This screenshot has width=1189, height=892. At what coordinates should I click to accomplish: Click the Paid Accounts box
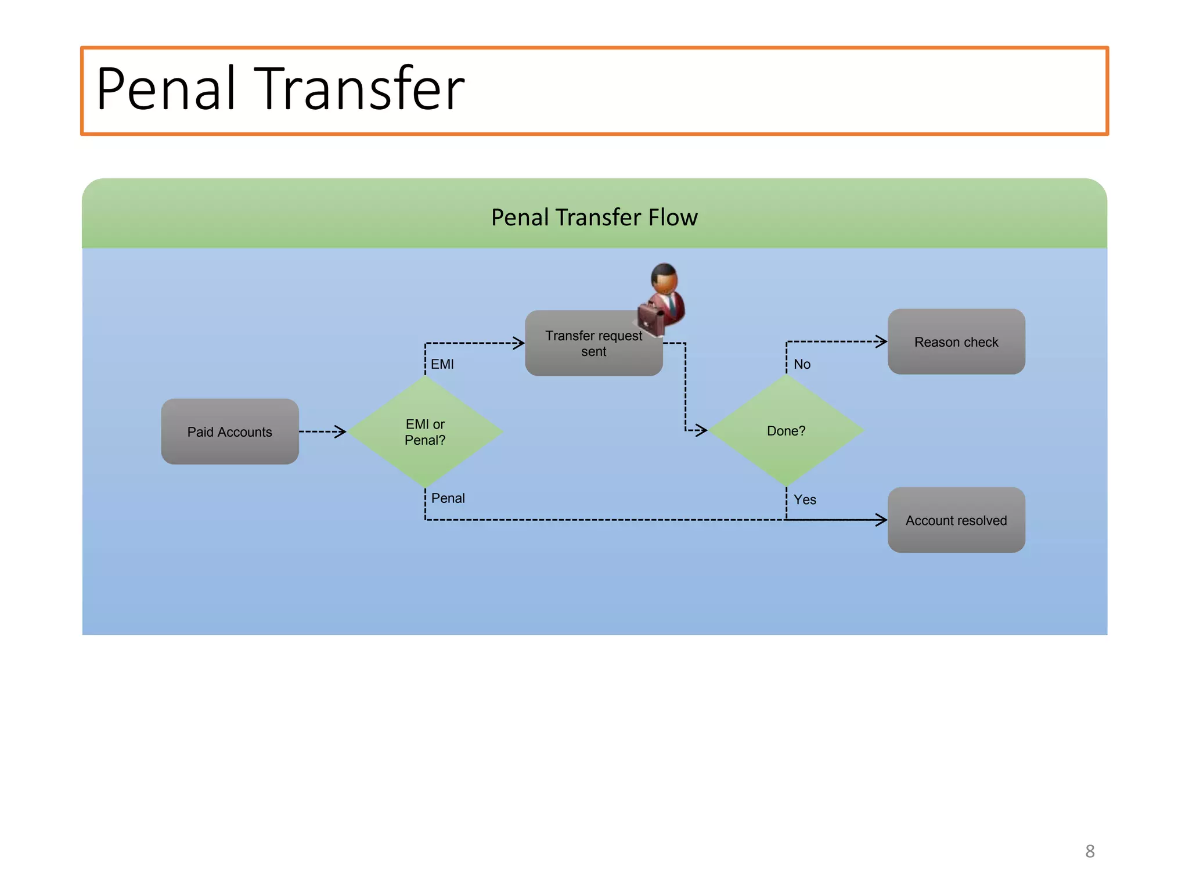coord(230,431)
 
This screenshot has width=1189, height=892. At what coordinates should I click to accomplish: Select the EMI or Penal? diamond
coord(425,431)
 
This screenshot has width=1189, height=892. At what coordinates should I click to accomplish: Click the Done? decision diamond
coord(786,430)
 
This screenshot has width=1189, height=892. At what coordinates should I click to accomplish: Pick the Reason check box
coord(956,342)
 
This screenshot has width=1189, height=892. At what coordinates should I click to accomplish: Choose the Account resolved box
coord(956,520)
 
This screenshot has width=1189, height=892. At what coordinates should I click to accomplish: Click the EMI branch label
coord(442,364)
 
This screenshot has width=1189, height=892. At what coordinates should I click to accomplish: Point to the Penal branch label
coord(448,498)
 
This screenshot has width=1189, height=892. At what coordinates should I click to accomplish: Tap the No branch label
coord(802,364)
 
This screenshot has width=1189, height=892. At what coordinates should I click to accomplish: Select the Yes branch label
coord(805,499)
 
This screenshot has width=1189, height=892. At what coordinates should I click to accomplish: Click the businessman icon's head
coord(664,278)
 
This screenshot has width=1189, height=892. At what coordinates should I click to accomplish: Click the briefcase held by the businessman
coord(650,318)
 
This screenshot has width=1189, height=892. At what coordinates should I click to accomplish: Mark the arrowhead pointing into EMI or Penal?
coord(341,431)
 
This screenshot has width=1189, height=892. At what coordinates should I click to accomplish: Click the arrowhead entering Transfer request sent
coord(518,343)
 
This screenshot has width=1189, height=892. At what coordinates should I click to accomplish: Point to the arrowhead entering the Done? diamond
coord(701,430)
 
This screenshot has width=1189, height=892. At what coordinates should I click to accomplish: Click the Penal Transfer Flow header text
coord(594,217)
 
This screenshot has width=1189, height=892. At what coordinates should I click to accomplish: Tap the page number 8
coord(1090,851)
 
